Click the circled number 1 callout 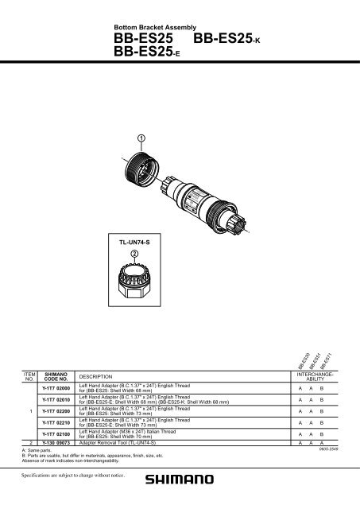tap(140, 139)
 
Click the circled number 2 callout tap(135, 253)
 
